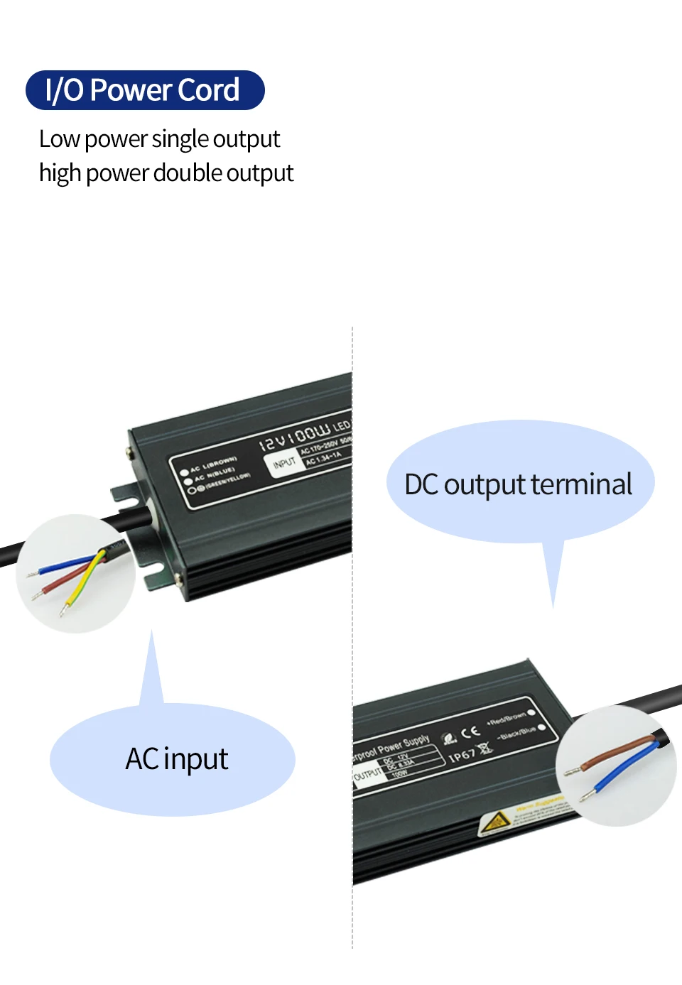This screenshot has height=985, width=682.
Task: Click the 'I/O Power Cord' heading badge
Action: tap(144, 90)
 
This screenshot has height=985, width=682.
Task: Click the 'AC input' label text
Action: tap(176, 759)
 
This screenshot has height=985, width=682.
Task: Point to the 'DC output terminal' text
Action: tap(518, 485)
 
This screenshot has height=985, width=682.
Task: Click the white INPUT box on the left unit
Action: tap(283, 464)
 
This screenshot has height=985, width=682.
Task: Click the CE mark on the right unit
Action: tap(470, 733)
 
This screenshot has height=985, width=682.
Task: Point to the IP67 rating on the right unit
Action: tap(462, 756)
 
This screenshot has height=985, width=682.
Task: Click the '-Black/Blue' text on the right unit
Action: tap(516, 733)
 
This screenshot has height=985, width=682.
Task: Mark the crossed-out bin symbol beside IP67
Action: tap(485, 747)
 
